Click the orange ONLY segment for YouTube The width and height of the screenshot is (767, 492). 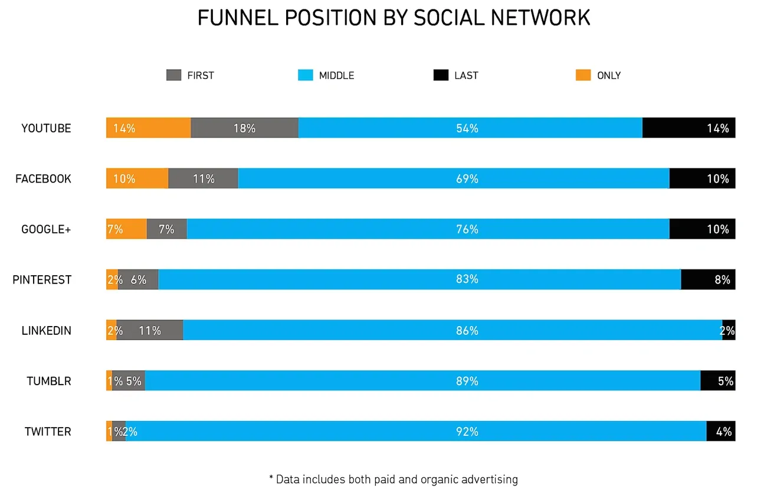148,128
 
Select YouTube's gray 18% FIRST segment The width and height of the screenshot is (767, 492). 244,128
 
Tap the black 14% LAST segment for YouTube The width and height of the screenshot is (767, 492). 688,128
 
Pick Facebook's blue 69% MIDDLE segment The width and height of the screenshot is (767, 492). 453,178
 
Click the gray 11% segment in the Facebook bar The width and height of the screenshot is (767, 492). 203,178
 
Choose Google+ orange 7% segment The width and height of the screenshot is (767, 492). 126,229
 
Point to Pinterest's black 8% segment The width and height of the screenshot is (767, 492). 707,279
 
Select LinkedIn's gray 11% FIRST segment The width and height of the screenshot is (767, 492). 150,330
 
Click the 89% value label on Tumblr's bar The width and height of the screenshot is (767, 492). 467,382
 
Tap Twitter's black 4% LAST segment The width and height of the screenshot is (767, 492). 720,431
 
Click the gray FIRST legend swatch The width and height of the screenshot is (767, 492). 174,76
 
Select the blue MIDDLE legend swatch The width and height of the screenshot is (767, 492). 306,76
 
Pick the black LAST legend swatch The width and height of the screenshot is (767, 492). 441,76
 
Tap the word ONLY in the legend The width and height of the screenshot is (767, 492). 608,76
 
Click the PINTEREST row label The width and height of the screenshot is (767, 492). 42,280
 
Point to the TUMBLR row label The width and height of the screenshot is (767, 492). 48,381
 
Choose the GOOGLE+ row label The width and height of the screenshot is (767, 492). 46,229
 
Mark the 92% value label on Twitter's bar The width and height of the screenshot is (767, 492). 467,432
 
